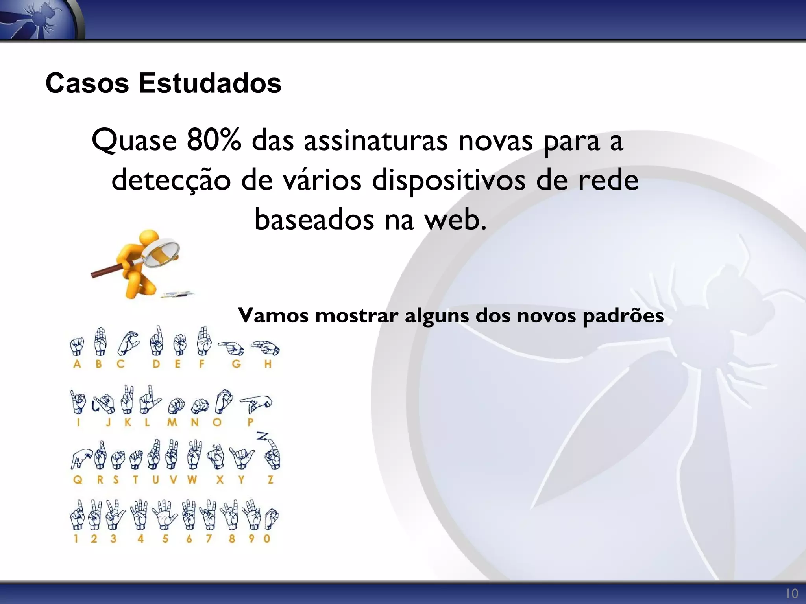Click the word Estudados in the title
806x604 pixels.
210,83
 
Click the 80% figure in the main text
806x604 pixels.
214,140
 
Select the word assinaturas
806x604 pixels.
375,140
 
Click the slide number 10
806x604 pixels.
792,593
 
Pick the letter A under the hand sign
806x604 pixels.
77,364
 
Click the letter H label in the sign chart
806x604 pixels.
268,364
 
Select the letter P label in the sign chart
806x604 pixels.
250,422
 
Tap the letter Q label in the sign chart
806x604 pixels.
78,480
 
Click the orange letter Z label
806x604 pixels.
270,480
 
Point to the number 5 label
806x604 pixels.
165,539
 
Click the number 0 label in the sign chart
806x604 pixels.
267,539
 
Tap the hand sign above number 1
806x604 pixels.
77,516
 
